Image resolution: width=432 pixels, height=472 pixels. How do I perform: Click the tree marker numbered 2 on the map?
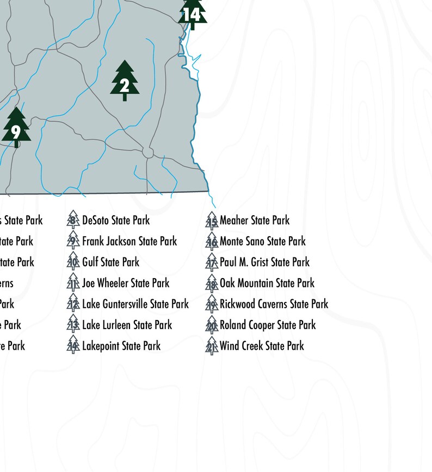pyautogui.click(x=125, y=81)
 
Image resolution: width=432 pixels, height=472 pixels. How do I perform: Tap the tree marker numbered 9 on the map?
pyautogui.click(x=16, y=128)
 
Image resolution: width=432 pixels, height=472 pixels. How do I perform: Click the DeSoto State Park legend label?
pyautogui.click(x=115, y=221)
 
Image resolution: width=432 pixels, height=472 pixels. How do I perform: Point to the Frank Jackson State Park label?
pyautogui.click(x=129, y=241)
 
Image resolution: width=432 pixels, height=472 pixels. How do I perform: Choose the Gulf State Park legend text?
pyautogui.click(x=110, y=262)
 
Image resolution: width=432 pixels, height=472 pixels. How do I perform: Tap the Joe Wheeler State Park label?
pyautogui.click(x=126, y=283)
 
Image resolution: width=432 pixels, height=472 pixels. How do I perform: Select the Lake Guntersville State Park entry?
pyautogui.click(x=135, y=304)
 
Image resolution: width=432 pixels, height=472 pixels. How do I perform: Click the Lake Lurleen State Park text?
pyautogui.click(x=127, y=325)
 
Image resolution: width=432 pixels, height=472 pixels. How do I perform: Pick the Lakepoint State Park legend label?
pyautogui.click(x=121, y=346)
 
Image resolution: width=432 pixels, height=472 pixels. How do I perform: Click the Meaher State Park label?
pyautogui.click(x=255, y=221)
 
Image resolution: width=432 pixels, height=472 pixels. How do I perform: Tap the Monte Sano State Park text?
pyautogui.click(x=263, y=241)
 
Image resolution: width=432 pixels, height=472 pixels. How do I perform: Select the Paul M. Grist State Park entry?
pyautogui.click(x=264, y=262)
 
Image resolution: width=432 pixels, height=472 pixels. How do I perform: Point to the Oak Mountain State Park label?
pyautogui.click(x=267, y=283)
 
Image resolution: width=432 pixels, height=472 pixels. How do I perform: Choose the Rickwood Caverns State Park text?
pyautogui.click(x=274, y=304)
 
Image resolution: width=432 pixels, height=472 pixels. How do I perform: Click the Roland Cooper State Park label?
pyautogui.click(x=268, y=325)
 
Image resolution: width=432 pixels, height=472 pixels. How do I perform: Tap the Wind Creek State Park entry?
pyautogui.click(x=262, y=346)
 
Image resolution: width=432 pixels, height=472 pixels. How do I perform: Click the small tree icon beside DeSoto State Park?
pyautogui.click(x=73, y=220)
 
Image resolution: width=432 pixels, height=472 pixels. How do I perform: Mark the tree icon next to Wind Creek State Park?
pyautogui.click(x=212, y=345)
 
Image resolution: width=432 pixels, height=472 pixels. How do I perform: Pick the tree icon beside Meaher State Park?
pyautogui.click(x=212, y=220)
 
